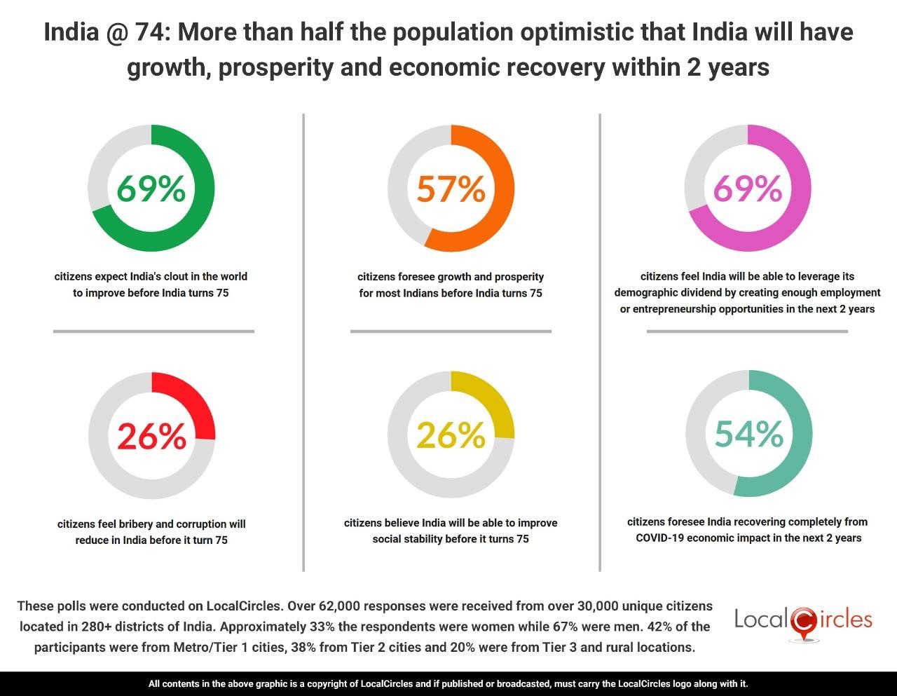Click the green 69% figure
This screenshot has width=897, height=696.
151,189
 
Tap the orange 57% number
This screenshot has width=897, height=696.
451,189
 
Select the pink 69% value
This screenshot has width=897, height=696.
747,189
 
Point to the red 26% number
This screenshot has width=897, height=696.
151,436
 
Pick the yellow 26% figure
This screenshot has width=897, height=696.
451,435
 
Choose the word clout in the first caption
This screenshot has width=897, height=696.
182,276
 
